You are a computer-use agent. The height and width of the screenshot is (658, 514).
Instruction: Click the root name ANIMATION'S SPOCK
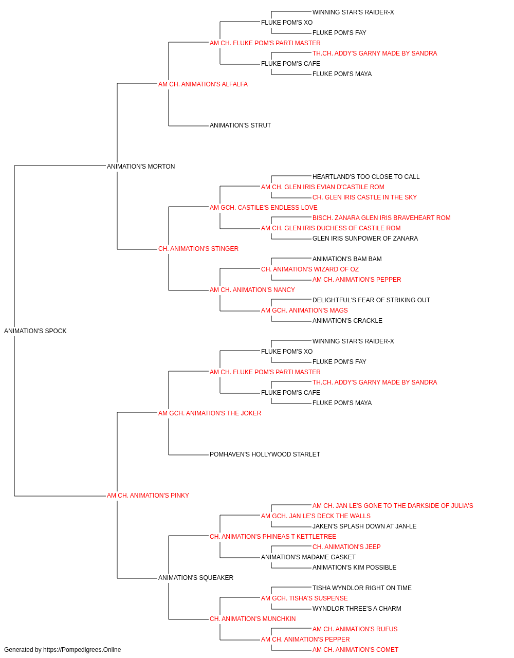click(x=35, y=331)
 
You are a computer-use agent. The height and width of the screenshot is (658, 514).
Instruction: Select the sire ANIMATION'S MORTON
click(x=141, y=167)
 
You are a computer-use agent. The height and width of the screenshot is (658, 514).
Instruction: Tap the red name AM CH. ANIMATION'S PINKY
click(x=148, y=496)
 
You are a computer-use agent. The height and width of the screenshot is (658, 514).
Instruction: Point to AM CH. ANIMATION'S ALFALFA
click(x=203, y=84)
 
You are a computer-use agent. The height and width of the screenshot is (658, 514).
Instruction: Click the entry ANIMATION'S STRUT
click(x=240, y=125)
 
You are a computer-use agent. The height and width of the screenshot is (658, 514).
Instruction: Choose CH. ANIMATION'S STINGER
click(x=198, y=249)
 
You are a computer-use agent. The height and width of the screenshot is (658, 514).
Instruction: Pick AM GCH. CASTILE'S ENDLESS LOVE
click(x=263, y=208)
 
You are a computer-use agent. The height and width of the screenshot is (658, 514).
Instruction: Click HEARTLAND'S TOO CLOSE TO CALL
click(x=365, y=177)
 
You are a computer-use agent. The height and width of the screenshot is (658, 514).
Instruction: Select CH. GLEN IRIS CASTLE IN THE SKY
click(x=364, y=197)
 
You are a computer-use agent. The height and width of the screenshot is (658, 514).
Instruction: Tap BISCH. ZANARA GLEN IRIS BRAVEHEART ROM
click(x=381, y=218)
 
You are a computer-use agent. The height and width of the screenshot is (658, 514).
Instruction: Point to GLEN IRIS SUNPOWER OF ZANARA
click(x=365, y=239)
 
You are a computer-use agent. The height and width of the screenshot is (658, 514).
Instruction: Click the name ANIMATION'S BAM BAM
click(x=347, y=259)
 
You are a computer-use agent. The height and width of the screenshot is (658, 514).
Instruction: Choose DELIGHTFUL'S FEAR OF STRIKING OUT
click(x=371, y=300)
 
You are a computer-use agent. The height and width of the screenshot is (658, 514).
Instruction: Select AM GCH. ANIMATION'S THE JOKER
click(x=210, y=413)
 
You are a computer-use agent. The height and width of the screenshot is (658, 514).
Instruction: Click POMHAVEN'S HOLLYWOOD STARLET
click(x=265, y=454)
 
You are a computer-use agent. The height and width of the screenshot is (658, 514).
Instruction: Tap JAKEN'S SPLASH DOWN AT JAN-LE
click(x=364, y=526)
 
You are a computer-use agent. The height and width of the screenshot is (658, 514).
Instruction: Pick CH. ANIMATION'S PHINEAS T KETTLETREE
click(x=273, y=537)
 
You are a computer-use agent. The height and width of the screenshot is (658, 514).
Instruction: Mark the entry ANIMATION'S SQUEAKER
click(x=195, y=578)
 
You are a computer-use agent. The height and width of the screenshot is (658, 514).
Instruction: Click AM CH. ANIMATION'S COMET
click(x=355, y=650)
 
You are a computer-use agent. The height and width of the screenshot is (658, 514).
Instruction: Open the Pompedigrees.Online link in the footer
click(x=82, y=650)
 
